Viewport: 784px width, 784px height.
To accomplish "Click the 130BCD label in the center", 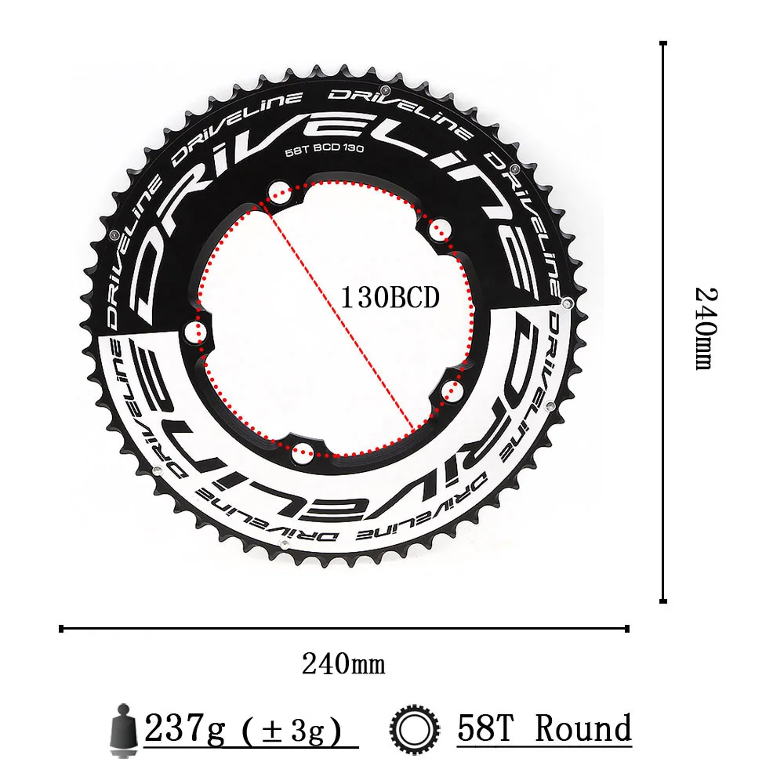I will (x=390, y=298).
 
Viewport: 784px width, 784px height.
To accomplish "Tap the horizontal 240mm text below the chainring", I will (x=343, y=664).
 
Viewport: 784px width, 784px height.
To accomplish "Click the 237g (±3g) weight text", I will (x=244, y=731).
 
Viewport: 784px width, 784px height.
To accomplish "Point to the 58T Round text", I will (x=544, y=729).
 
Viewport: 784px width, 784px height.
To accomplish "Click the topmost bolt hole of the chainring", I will (x=279, y=191).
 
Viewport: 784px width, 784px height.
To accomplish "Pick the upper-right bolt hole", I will (x=438, y=228).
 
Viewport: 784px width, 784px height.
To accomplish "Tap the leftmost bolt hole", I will (x=193, y=331).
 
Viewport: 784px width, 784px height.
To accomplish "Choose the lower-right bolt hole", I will (x=449, y=390).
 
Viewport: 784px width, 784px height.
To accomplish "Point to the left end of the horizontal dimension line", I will (x=62, y=627).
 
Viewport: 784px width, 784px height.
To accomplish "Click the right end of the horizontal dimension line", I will (x=628, y=627).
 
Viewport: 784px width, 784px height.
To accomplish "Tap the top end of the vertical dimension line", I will (x=663, y=45).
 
